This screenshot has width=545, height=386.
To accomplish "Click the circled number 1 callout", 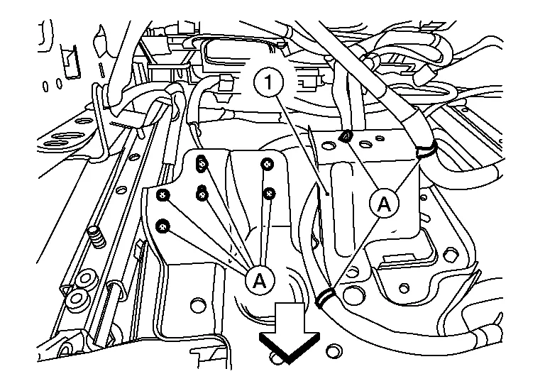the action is pyautogui.click(x=268, y=83).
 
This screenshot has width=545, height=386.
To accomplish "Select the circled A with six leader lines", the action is pyautogui.click(x=260, y=280).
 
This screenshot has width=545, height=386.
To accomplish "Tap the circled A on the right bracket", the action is pyautogui.click(x=384, y=204).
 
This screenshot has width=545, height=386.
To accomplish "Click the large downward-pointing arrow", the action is pyautogui.click(x=290, y=333).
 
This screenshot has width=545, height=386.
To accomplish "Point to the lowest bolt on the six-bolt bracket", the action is pyautogui.click(x=163, y=226).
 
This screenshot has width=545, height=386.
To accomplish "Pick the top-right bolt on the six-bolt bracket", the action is pyautogui.click(x=267, y=164).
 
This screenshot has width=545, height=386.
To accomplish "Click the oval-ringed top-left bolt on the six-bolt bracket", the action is pyautogui.click(x=202, y=163).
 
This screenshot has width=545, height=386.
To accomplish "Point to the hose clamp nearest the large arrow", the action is pyautogui.click(x=325, y=297).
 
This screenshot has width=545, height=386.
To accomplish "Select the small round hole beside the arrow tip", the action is pyautogui.click(x=334, y=351).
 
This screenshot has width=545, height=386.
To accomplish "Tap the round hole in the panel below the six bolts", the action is pyautogui.click(x=198, y=304).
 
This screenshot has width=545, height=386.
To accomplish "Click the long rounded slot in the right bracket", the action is pyautogui.click(x=343, y=210).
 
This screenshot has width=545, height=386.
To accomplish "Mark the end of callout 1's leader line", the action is pyautogui.click(x=327, y=194).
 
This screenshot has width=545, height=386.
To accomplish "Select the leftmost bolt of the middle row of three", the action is pyautogui.click(x=163, y=195).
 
